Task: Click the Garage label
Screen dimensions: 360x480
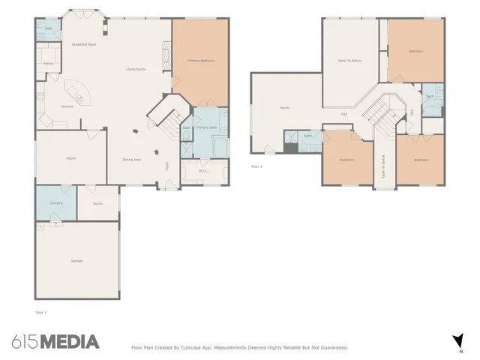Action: (76, 260)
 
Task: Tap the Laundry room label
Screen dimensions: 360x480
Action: (55, 203)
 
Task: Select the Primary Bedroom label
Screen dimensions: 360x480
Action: (201, 60)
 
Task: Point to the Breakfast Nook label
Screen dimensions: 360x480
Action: (83, 45)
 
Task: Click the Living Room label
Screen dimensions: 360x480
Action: (135, 70)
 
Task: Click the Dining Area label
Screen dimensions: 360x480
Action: (132, 159)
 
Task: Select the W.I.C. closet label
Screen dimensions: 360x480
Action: (203, 171)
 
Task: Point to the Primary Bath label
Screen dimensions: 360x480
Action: (206, 128)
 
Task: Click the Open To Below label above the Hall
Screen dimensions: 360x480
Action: (350, 60)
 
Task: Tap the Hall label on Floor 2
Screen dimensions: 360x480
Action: (343, 114)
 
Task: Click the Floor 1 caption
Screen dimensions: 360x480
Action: (41, 311)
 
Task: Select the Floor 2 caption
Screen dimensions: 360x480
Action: (256, 166)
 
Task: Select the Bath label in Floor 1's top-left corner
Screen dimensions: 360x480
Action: (47, 28)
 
